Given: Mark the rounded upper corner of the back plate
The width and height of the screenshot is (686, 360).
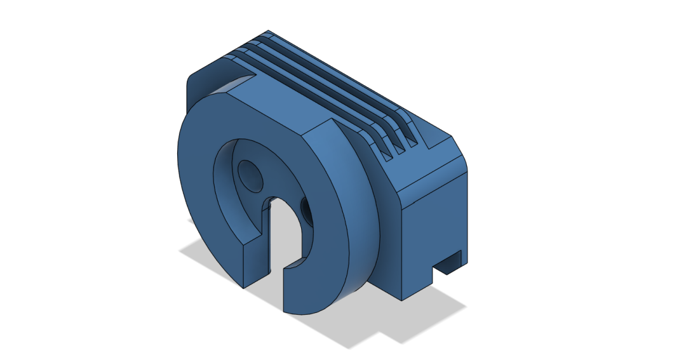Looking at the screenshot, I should tap(191, 81).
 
